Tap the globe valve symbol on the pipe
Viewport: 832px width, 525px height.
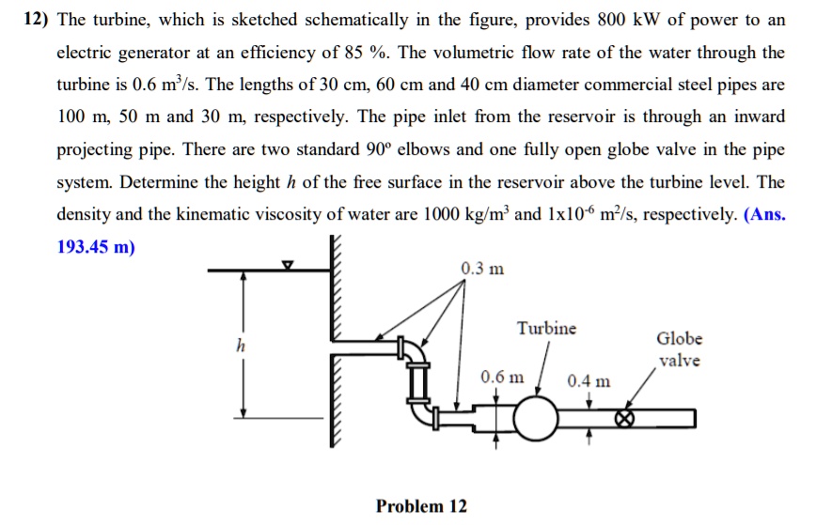(623, 418)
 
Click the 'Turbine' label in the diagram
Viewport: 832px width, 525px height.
(546, 329)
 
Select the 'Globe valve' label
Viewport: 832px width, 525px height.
(679, 349)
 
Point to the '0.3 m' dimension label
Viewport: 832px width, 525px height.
(482, 270)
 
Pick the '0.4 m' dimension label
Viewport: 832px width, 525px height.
(589, 381)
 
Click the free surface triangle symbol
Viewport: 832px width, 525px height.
(290, 267)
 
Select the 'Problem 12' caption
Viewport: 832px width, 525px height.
(421, 506)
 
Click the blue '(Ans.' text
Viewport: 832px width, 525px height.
(764, 214)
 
